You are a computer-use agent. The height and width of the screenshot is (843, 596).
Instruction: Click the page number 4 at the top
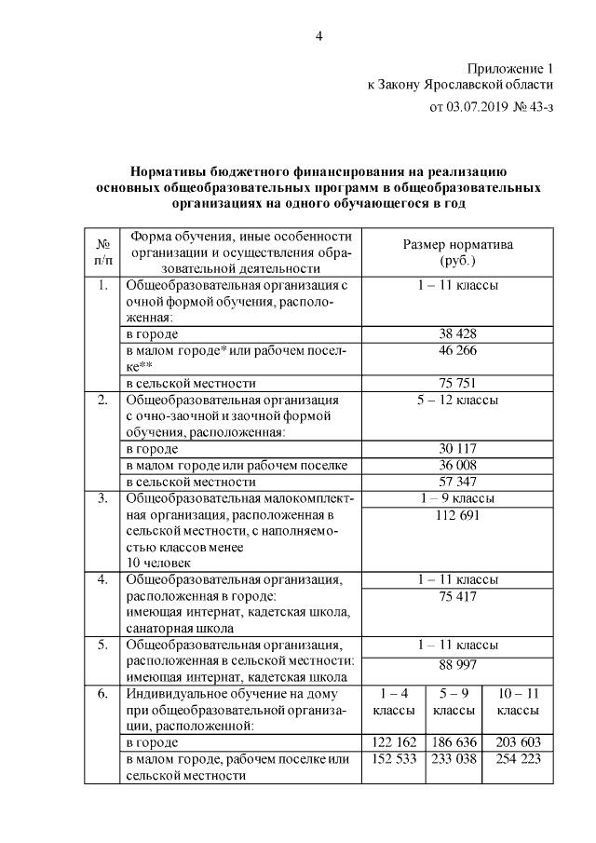[319, 36]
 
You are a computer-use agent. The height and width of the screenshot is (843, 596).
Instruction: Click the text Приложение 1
[508, 69]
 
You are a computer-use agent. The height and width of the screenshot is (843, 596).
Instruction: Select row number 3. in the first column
[103, 498]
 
